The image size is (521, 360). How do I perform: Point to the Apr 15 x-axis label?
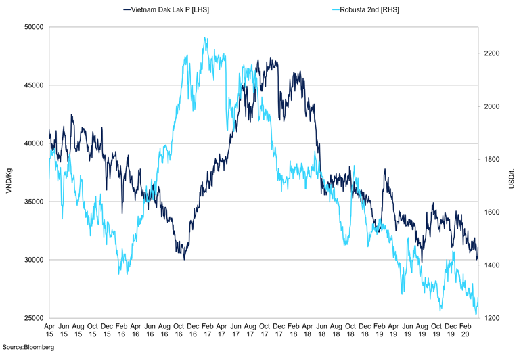tap(49, 330)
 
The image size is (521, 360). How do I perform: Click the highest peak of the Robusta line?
tap(205, 38)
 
